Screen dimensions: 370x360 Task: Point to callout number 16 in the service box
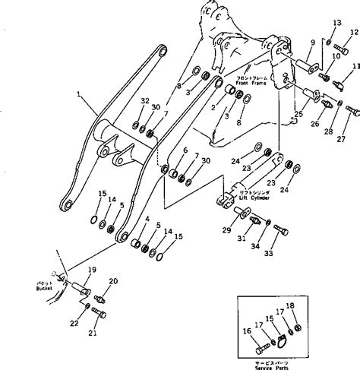click(245, 330)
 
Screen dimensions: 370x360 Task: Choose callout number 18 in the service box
click(311, 305)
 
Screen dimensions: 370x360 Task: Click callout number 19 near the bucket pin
click(91, 270)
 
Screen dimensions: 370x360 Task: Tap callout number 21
click(93, 331)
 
